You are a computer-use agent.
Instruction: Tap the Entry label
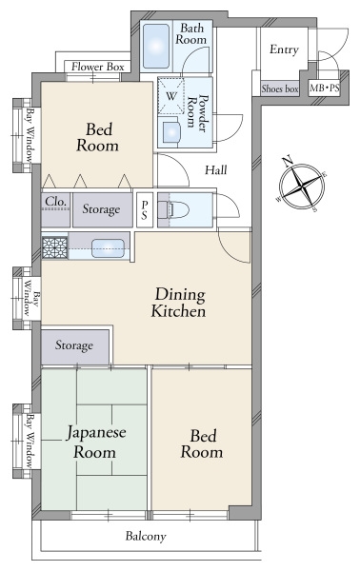click(284, 50)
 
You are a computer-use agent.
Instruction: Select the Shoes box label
click(279, 89)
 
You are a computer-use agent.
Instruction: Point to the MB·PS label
click(325, 89)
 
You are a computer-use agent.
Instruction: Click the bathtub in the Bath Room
click(155, 44)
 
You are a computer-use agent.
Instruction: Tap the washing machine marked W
click(171, 96)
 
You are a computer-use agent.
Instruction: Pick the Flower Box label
click(96, 68)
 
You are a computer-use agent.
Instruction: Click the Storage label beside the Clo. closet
click(101, 208)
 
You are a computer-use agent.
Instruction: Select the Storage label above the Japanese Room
click(74, 345)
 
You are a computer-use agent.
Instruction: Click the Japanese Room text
click(92, 443)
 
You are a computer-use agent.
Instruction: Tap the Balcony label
click(146, 537)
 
